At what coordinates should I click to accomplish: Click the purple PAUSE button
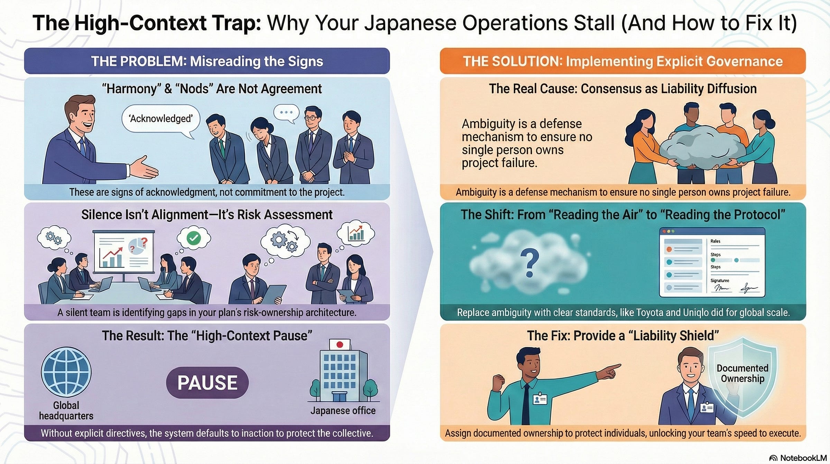[x=207, y=383]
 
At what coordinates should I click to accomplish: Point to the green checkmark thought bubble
[x=193, y=238]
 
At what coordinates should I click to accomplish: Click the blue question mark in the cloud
[x=529, y=264]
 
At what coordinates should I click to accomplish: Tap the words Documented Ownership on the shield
[x=742, y=373]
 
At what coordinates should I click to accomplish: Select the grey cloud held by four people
[x=702, y=147]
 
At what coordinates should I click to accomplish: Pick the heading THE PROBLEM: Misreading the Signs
[x=207, y=61]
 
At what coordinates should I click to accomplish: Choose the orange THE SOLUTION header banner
[x=622, y=61]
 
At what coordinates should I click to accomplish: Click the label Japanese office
[x=343, y=411]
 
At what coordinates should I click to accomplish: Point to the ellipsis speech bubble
[x=286, y=113]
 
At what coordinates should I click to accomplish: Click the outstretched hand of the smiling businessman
[x=145, y=168]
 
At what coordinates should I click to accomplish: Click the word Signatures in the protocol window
[x=720, y=280]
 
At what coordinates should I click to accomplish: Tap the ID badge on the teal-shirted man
[x=540, y=400]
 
